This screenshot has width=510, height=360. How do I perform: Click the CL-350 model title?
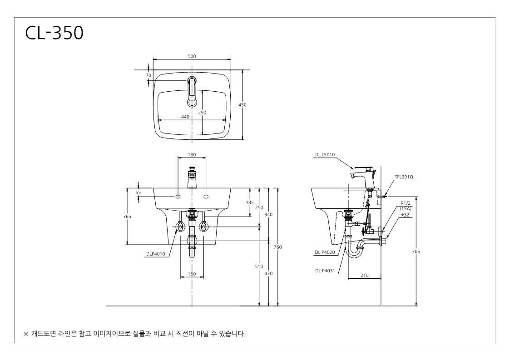[x=54, y=33]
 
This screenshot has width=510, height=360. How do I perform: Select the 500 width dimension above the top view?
[x=192, y=56]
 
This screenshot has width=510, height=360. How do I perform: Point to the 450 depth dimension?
[x=243, y=105]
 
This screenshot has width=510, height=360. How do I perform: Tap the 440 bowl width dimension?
[x=185, y=117]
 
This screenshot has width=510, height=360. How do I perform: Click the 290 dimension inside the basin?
[x=202, y=113]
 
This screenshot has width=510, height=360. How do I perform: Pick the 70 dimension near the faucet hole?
[x=149, y=75]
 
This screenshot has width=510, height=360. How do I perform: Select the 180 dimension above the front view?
[x=192, y=155]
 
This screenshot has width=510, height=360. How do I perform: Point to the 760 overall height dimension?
[x=278, y=247]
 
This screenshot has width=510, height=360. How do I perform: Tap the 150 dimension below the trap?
[x=192, y=274]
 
